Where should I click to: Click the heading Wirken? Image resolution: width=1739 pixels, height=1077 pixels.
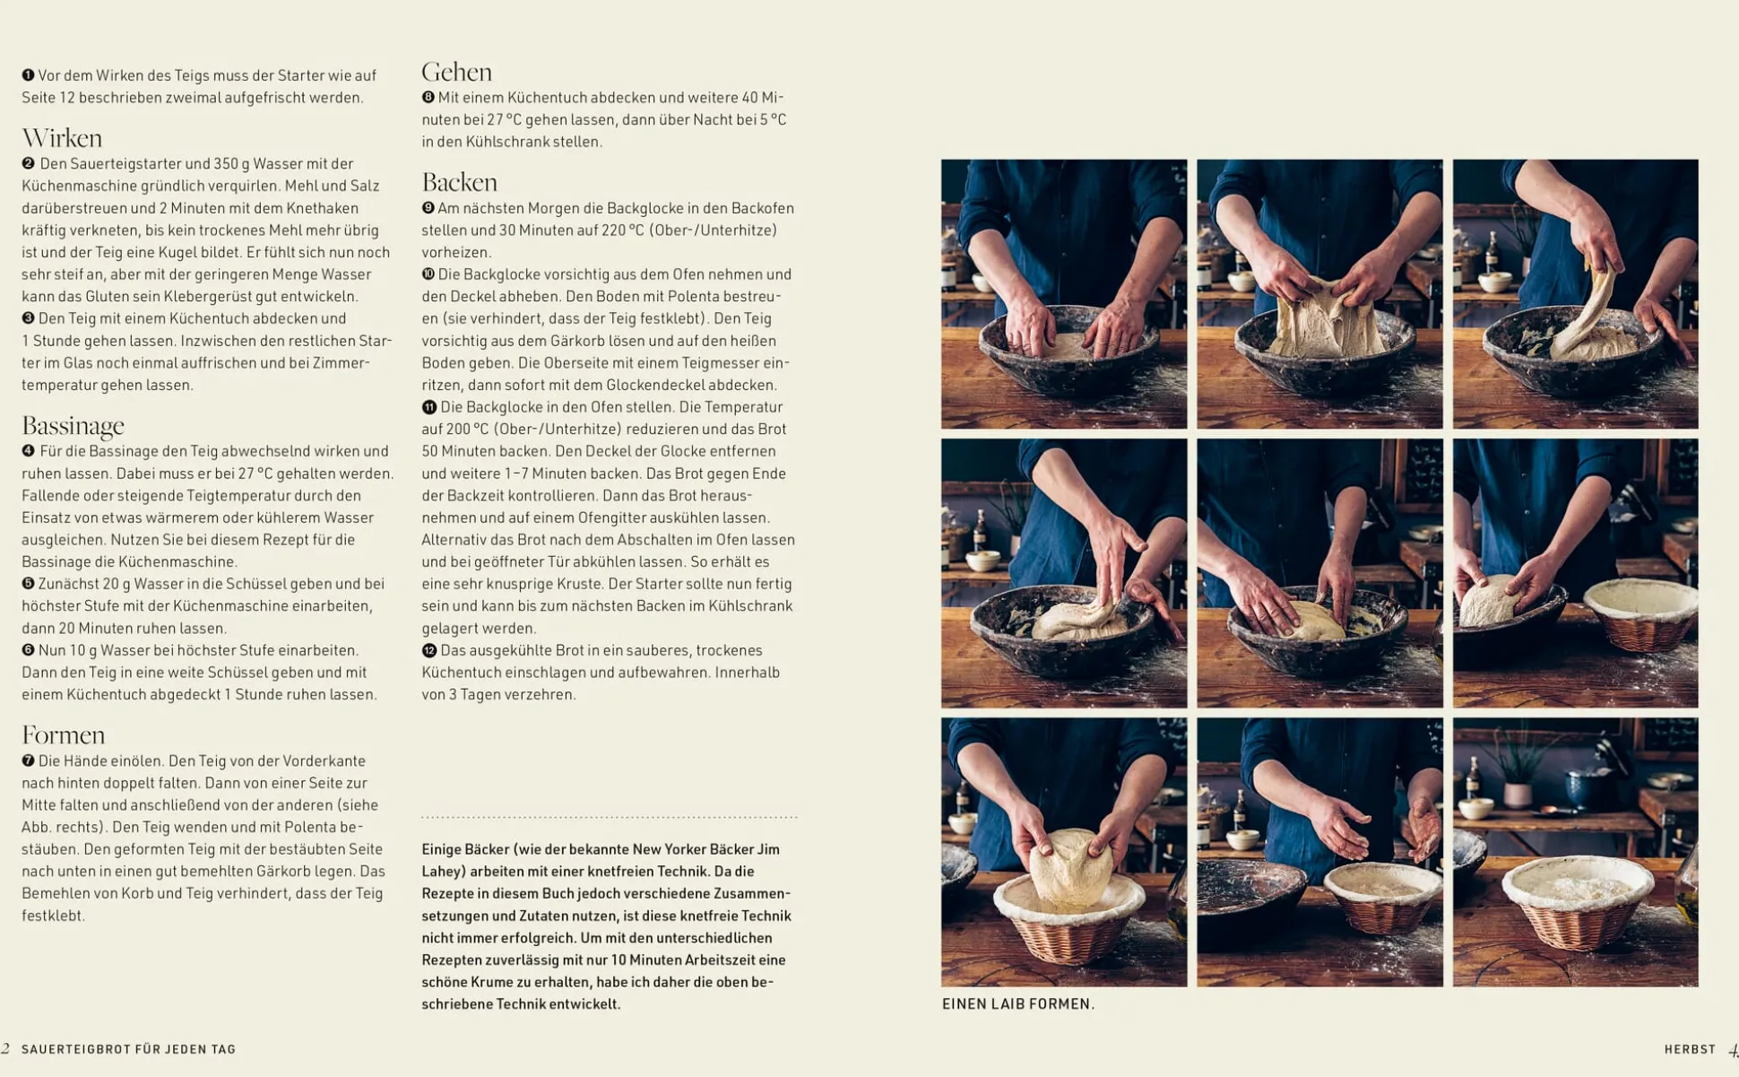point(62,138)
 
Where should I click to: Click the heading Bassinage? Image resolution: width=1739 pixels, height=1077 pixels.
point(73,426)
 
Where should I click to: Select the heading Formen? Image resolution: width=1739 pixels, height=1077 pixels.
point(63,735)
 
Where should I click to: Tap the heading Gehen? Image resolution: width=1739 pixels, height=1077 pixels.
point(456,72)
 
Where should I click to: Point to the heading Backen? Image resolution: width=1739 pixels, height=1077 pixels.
point(459,182)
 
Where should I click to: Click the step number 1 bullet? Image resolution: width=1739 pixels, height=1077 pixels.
point(28,75)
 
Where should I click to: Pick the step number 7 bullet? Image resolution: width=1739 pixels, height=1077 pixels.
point(28,760)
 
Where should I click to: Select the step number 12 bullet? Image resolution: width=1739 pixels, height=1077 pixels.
point(429,650)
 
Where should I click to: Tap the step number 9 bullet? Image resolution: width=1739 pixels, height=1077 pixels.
point(428,208)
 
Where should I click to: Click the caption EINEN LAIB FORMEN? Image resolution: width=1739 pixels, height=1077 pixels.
point(1018,1004)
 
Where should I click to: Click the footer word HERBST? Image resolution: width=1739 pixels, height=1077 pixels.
point(1690,1049)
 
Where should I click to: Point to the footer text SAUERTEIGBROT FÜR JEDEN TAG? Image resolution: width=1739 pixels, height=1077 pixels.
point(128,1049)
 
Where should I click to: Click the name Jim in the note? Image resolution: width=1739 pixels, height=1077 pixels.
point(768,849)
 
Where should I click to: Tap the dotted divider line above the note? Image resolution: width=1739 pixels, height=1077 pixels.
point(610,818)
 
